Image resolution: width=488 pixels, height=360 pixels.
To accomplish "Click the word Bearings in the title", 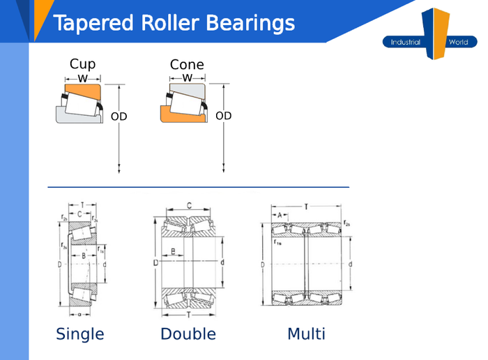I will [x=250, y=24].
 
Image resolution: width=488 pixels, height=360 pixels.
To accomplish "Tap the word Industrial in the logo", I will [x=405, y=43].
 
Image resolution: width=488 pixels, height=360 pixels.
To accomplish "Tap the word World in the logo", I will [x=458, y=43].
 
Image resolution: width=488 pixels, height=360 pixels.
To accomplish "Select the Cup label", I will [x=82, y=64].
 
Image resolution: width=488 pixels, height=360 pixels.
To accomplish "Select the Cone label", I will [x=187, y=65].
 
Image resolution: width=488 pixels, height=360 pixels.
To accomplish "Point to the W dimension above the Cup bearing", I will [x=82, y=78].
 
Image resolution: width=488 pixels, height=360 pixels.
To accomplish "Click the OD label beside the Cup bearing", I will [x=119, y=117].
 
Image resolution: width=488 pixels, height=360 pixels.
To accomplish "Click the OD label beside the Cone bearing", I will [x=223, y=116].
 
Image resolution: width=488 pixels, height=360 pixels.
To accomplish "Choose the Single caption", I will [x=79, y=334].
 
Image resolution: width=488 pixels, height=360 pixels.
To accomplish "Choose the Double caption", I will [x=188, y=334].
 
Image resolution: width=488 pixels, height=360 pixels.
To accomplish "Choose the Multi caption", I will [x=305, y=334].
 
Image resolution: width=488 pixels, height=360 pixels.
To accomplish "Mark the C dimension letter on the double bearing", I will [x=189, y=205].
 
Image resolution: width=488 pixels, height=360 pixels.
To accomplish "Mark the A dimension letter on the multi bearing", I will [x=280, y=216].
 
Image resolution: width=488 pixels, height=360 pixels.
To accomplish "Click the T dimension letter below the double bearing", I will [x=189, y=315].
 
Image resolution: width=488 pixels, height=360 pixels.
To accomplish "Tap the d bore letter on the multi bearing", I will [x=350, y=264].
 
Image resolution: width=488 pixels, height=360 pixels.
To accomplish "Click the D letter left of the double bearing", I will [x=155, y=263].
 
